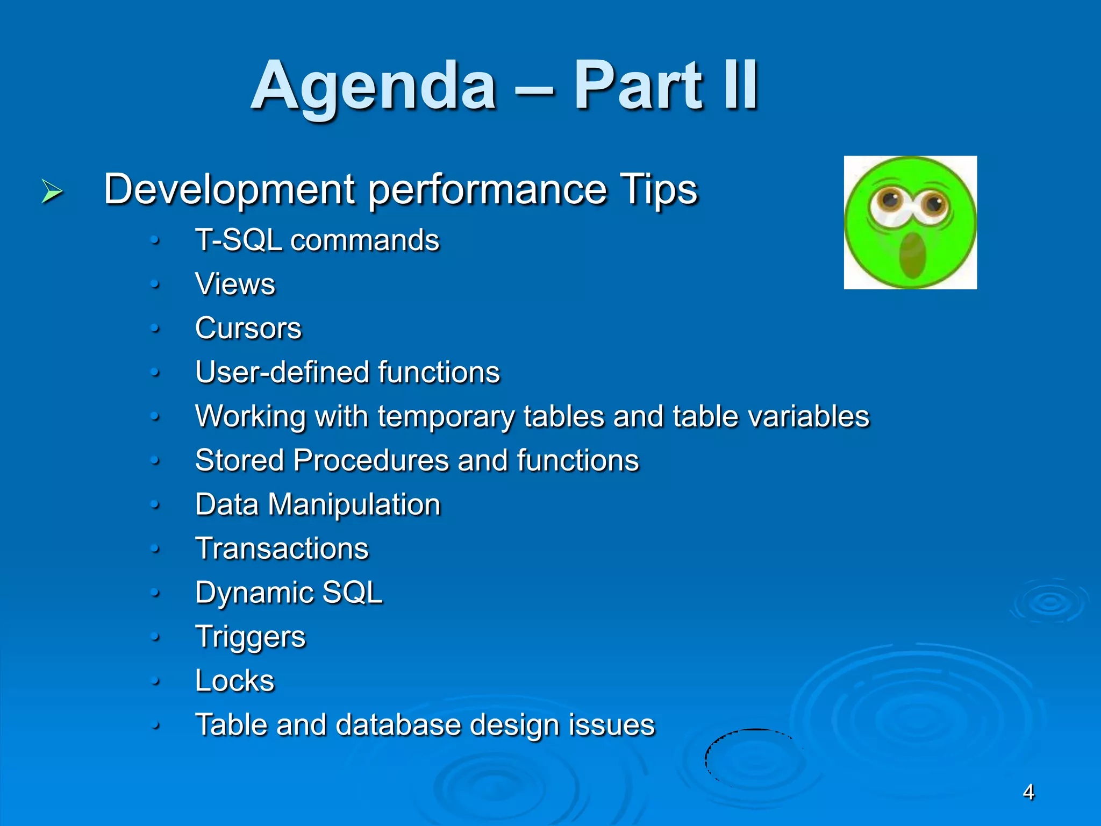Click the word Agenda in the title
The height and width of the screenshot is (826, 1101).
[x=373, y=86]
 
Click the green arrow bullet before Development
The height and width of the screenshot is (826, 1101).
[x=52, y=191]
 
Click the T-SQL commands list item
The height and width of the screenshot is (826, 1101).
[x=317, y=240]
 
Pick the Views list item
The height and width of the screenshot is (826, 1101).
[x=235, y=284]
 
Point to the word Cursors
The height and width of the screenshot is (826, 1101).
[x=248, y=328]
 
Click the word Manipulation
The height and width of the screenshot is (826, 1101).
[x=354, y=504]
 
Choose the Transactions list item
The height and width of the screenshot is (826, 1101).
[x=282, y=549]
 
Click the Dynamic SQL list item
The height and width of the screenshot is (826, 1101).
[x=289, y=593]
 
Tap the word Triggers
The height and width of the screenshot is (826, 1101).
[x=250, y=637]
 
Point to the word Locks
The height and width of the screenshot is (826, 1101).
[x=234, y=681]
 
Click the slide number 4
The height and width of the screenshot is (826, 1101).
[x=1028, y=792]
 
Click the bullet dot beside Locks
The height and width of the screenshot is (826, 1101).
[x=155, y=681]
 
